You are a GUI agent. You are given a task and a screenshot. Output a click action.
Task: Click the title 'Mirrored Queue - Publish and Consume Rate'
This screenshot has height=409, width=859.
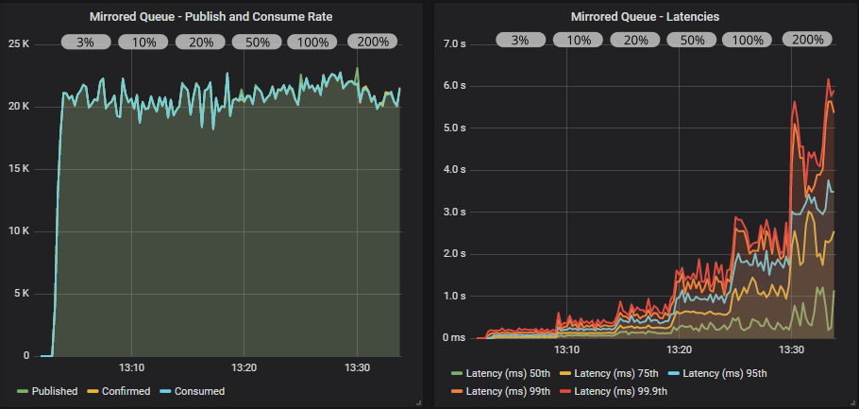point(211,16)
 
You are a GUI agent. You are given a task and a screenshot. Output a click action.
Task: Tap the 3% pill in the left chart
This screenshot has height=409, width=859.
point(86,42)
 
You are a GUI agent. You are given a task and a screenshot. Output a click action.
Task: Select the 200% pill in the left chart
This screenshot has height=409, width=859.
point(372,42)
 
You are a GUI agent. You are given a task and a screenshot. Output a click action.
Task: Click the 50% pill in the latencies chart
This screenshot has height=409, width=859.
point(692,40)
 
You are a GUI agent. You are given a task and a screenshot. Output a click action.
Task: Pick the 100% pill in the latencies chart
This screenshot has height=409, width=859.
point(749,40)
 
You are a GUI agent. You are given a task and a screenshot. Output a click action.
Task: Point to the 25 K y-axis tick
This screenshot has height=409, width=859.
point(19,43)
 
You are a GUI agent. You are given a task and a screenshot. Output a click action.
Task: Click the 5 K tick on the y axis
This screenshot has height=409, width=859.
point(22,293)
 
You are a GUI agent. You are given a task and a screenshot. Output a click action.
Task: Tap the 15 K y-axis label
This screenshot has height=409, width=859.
point(19,168)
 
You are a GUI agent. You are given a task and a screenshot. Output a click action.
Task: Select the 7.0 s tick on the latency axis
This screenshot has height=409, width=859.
point(457,44)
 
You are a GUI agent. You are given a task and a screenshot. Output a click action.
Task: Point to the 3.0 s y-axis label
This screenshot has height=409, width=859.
point(457,212)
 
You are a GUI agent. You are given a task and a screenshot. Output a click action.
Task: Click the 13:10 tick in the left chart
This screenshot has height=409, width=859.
point(131,367)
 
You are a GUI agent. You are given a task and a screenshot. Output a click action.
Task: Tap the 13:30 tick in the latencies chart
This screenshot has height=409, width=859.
point(793,349)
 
